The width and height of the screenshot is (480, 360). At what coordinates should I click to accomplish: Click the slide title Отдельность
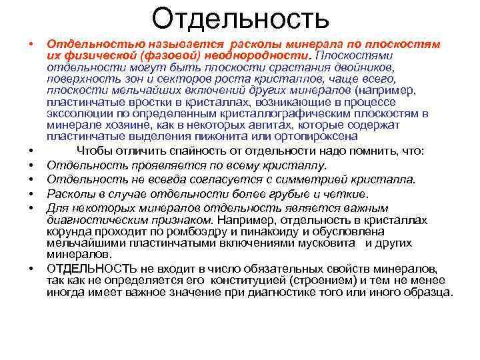(x=240, y=18)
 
